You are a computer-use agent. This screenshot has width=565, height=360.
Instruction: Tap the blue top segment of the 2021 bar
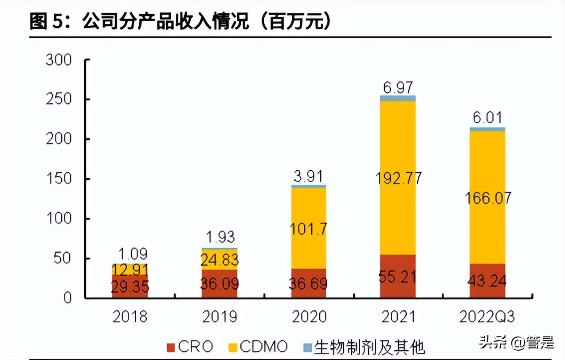pos(398,98)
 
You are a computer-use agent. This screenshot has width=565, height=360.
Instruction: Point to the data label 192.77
pos(398,178)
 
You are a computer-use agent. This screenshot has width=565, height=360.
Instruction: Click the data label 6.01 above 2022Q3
pos(487,118)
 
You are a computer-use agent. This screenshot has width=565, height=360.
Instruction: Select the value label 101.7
pos(308,229)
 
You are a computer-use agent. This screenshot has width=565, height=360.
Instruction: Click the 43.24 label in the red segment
pos(487,281)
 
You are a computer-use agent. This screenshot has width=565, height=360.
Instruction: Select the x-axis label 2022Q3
pos(487,317)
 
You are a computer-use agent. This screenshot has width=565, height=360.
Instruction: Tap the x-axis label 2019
pos(220,317)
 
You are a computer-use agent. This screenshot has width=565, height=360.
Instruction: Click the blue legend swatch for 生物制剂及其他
pos(307,346)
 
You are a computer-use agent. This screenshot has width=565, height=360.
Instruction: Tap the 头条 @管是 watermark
pos(516,341)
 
